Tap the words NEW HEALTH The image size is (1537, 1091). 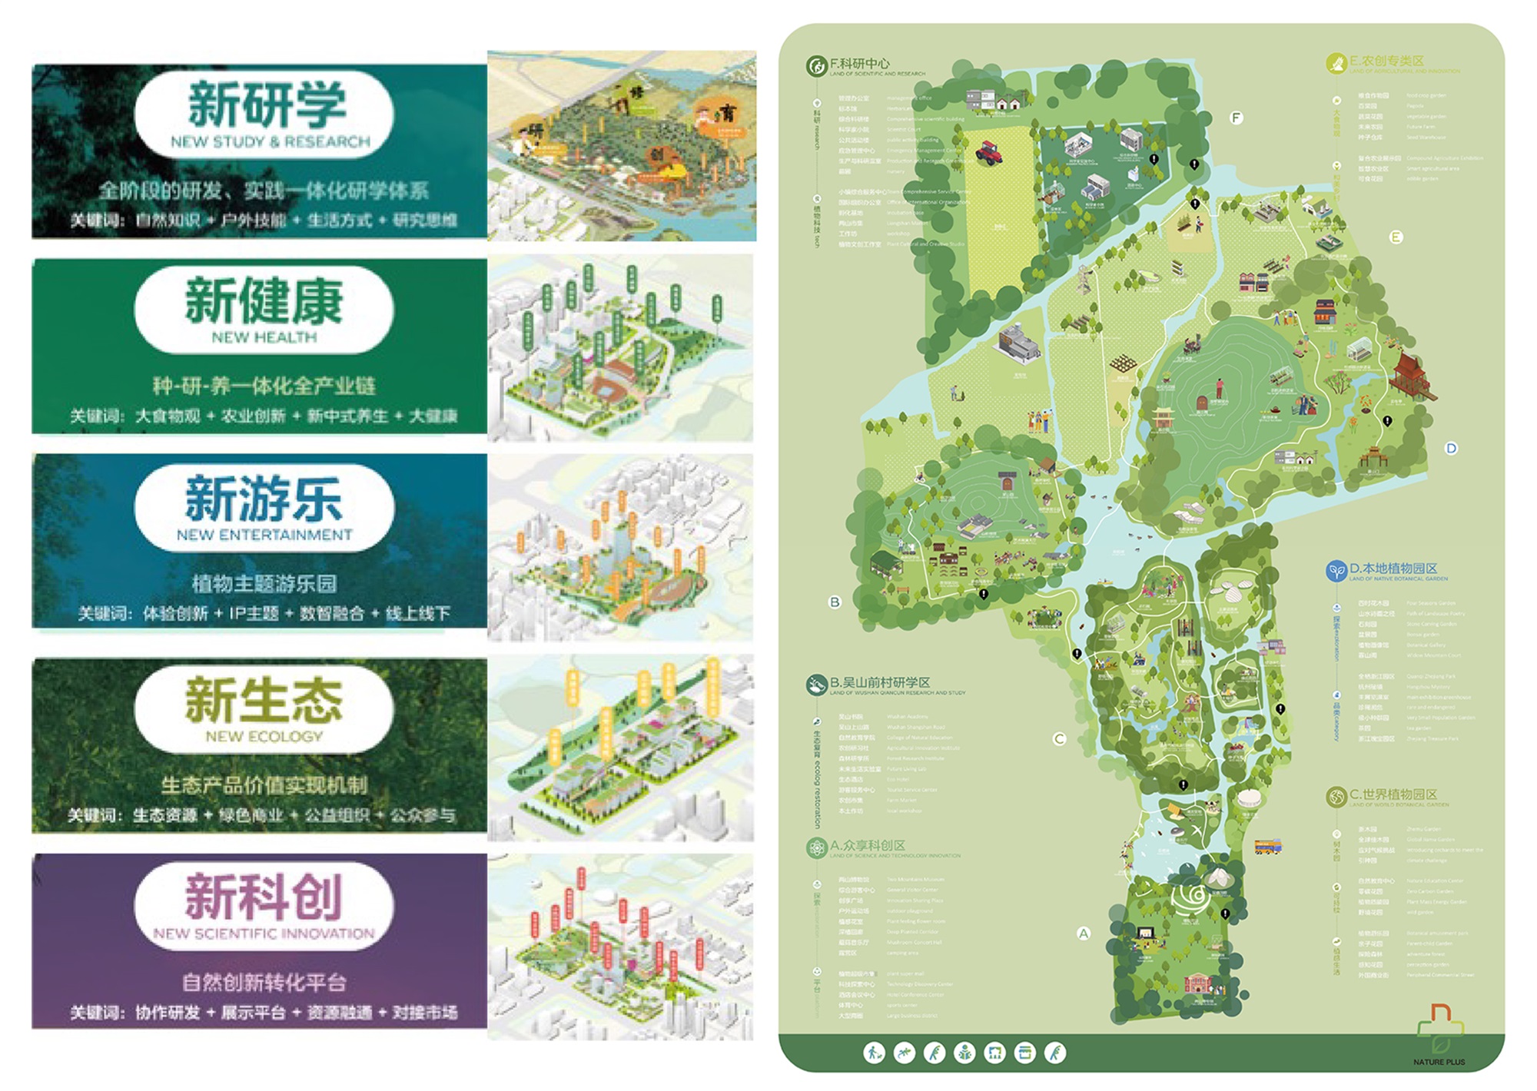[x=264, y=337]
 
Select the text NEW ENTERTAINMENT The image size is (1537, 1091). [x=264, y=535]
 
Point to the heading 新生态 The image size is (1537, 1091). [x=264, y=700]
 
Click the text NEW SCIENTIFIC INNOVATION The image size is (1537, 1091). [x=264, y=933]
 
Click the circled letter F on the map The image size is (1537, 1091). [x=1236, y=118]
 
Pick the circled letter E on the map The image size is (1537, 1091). [x=1396, y=237]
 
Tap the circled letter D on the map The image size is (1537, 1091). [x=1451, y=448]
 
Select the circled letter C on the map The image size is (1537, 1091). [x=1059, y=738]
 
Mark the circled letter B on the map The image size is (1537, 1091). [x=835, y=602]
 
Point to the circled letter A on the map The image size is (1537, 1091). [x=1084, y=933]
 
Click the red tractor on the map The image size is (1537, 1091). [x=989, y=151]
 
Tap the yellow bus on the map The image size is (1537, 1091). [x=1267, y=847]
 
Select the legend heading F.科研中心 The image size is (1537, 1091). [x=859, y=64]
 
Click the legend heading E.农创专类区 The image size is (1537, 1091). [x=1386, y=61]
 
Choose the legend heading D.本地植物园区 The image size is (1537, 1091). [x=1393, y=569]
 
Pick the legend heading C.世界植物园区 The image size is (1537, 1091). [x=1393, y=794]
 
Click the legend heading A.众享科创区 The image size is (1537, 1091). [x=867, y=846]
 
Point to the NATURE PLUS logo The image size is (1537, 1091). [x=1439, y=1033]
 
